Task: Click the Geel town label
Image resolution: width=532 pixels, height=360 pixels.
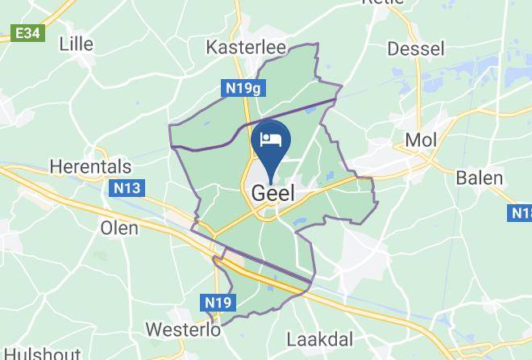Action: (272, 194)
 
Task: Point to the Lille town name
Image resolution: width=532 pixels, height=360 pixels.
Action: (76, 44)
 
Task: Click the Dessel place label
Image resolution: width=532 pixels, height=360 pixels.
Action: (415, 48)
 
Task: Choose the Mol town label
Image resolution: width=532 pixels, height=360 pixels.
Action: (421, 140)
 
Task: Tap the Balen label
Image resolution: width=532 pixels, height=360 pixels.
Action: (480, 178)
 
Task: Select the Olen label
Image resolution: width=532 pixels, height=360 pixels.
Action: (119, 228)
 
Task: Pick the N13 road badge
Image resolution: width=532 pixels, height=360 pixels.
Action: (127, 189)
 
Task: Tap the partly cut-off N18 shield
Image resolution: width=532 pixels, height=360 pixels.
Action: (522, 213)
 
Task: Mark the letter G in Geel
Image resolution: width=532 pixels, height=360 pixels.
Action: (259, 194)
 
